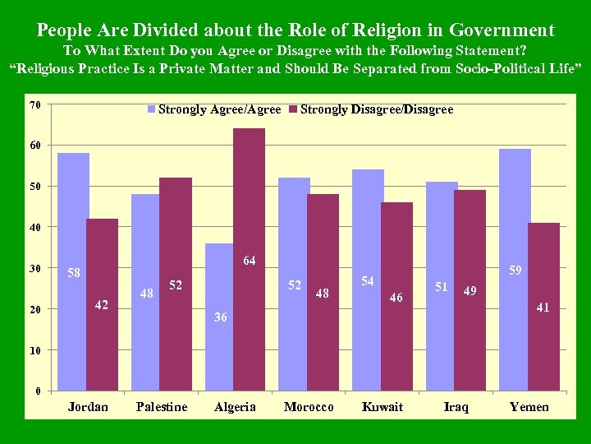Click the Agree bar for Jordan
[73, 271]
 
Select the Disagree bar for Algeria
[250, 259]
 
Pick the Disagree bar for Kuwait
[396, 296]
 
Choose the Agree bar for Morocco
[294, 284]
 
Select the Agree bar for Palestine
[147, 292]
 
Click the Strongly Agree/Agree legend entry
[214, 109]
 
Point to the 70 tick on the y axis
[34, 105]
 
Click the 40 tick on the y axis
[34, 227]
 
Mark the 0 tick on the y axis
[38, 391]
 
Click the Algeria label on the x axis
[235, 407]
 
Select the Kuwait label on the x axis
[383, 407]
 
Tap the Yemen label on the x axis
[529, 407]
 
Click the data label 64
[250, 261]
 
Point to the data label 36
[221, 317]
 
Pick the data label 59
[515, 270]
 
